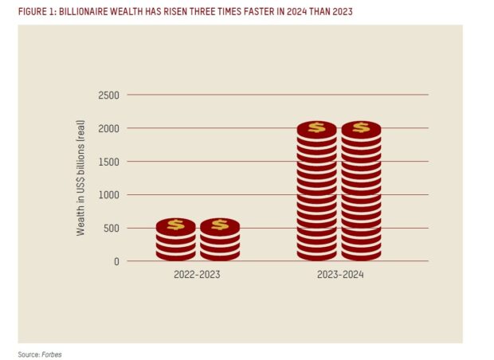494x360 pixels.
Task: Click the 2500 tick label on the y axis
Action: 108,96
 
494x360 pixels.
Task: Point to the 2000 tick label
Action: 108,128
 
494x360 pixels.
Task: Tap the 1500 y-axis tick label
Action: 108,162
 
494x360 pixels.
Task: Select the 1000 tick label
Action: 108,195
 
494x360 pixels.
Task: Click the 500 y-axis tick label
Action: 110,229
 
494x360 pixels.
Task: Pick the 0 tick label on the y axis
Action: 116,261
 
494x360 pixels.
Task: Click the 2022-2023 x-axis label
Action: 197,275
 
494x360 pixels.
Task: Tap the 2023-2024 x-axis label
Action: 339,275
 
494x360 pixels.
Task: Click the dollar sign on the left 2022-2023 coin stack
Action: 175,225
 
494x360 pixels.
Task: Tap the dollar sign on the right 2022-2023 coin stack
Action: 219,225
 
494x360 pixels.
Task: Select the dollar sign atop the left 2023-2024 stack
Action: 316,127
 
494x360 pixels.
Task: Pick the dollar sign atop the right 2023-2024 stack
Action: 361,127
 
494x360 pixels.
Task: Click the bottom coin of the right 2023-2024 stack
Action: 361,255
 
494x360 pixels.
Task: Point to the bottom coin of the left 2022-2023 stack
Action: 175,255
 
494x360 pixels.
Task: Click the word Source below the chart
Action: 27,353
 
